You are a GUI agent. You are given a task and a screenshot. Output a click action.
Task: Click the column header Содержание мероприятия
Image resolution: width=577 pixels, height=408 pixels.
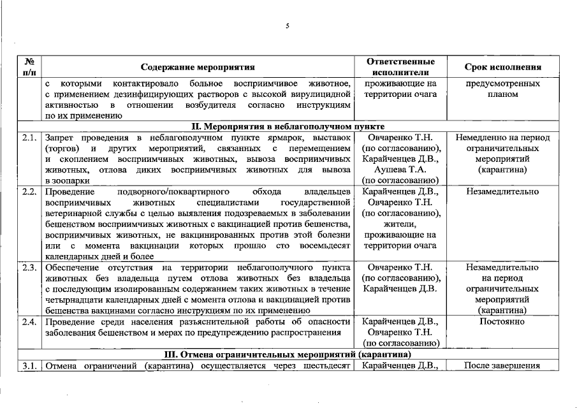click(198, 67)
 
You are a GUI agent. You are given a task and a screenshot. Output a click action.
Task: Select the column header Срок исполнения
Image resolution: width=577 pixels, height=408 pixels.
click(503, 67)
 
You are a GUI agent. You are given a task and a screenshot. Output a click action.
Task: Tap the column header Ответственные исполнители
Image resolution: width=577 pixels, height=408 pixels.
click(401, 67)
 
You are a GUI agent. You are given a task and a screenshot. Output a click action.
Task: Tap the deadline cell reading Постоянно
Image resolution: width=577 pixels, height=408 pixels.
click(502, 321)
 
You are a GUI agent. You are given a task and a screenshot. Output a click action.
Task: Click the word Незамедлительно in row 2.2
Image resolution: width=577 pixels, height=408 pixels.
click(502, 192)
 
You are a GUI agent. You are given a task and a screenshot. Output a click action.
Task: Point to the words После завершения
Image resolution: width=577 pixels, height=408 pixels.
click(502, 366)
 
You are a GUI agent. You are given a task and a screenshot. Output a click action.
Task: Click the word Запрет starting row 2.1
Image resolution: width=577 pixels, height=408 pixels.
click(61, 138)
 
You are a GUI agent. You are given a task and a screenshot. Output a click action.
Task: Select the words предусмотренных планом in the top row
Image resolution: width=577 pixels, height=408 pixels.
click(502, 89)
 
